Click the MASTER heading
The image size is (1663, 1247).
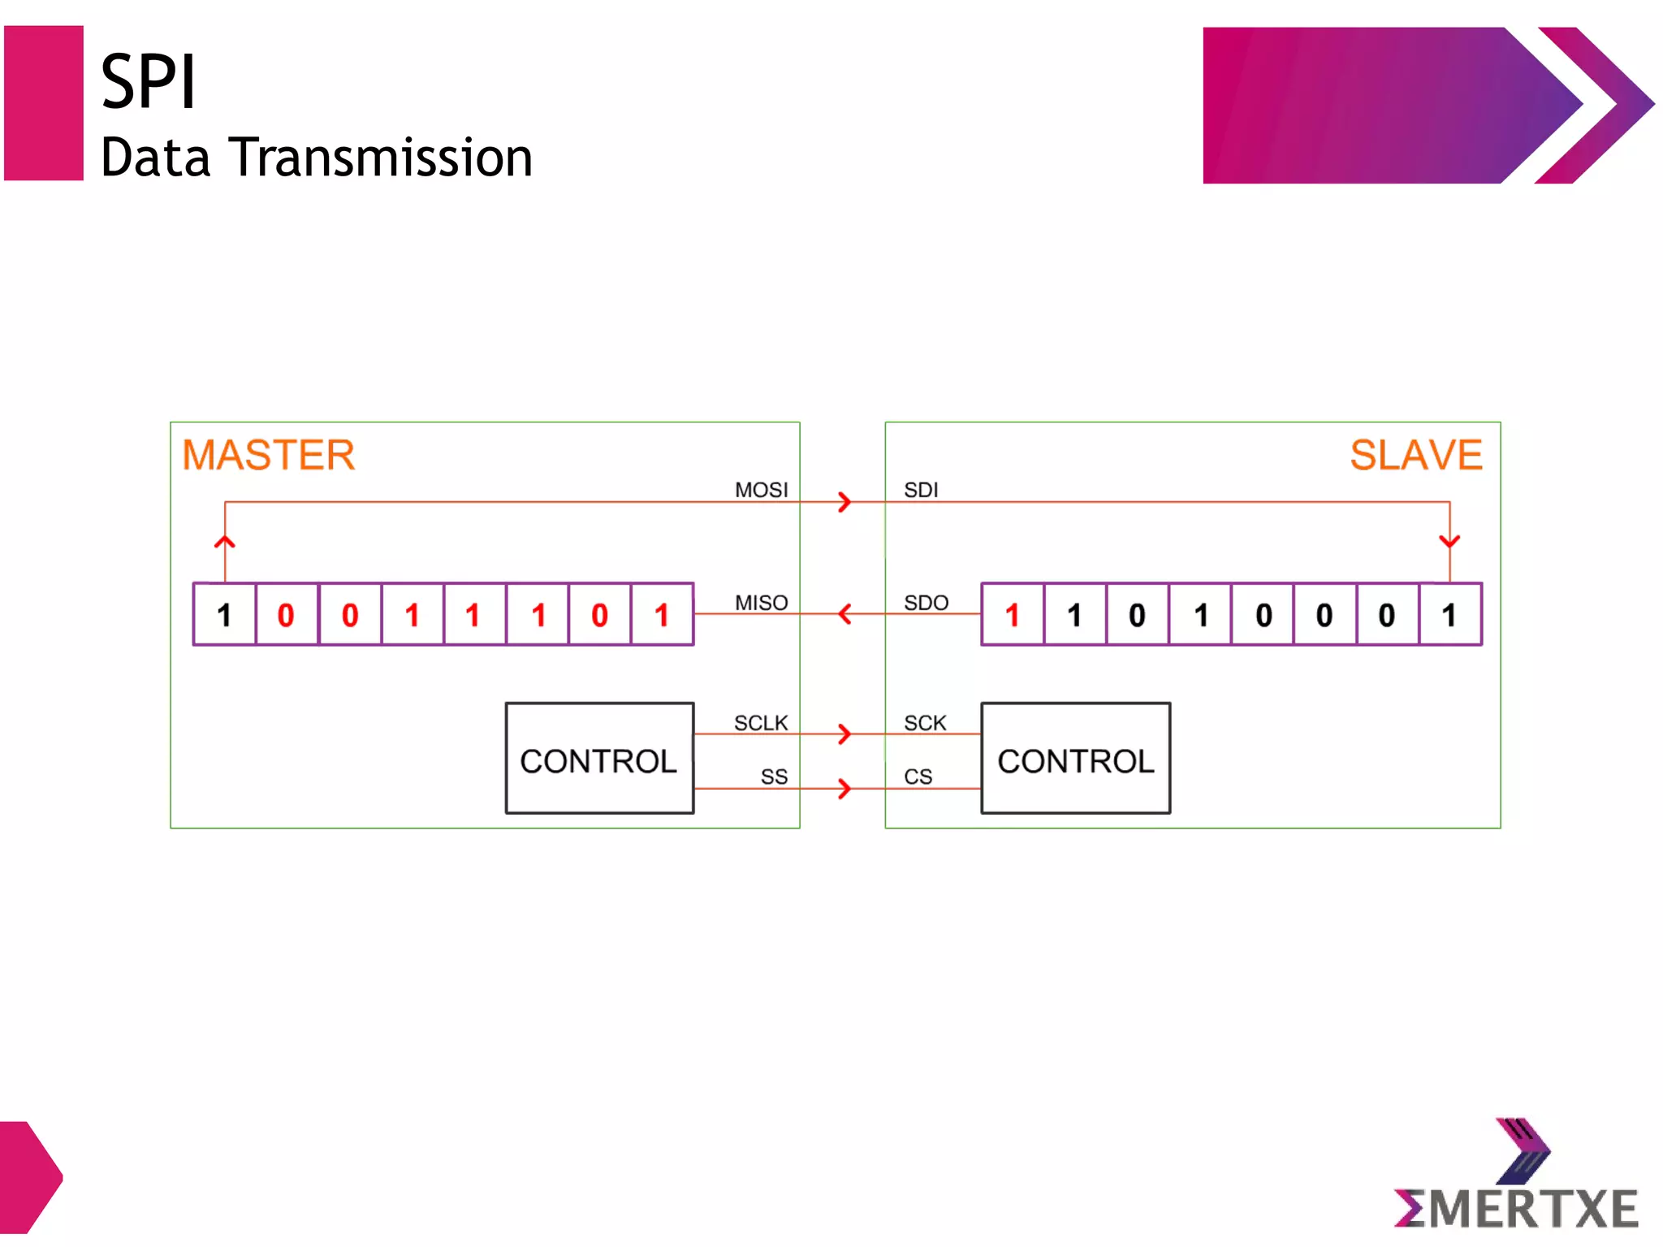pos(268,455)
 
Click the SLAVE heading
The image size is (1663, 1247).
pos(1415,455)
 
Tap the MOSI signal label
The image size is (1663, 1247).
pos(761,490)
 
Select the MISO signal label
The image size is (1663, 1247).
pos(761,603)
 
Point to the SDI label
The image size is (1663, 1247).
pos(921,490)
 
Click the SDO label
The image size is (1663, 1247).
pos(926,603)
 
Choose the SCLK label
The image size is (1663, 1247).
pos(761,723)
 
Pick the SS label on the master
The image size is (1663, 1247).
pos(774,777)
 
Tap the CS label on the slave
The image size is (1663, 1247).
pos(918,777)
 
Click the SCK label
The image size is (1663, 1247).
pos(925,723)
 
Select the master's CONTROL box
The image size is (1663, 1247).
pos(599,758)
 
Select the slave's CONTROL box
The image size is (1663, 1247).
pos(1075,758)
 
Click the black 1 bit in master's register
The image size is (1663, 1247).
pos(225,615)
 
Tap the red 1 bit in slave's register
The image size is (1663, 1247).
pos(1012,615)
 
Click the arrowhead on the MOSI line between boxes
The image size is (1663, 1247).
pos(845,501)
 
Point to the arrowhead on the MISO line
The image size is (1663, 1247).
pos(844,613)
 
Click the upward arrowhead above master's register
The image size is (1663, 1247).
pos(225,542)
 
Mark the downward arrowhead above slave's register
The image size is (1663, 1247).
pos(1449,541)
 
